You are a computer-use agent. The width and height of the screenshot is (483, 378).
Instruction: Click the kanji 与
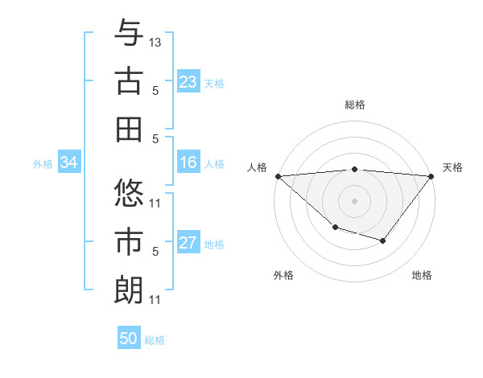[x=129, y=34]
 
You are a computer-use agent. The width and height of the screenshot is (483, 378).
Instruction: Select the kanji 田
[x=129, y=129]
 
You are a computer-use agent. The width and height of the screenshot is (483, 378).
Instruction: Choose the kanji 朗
[x=129, y=290]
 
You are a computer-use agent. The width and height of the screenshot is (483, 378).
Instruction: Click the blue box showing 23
[x=188, y=82]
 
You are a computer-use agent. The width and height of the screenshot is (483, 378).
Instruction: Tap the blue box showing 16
[x=188, y=163]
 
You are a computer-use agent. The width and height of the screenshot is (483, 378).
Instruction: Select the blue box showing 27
[x=188, y=244]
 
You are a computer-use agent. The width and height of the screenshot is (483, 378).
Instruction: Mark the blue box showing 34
[x=68, y=163]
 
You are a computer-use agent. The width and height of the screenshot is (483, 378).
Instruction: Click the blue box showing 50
[x=129, y=339]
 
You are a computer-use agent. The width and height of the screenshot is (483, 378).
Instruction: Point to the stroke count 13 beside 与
[x=155, y=41]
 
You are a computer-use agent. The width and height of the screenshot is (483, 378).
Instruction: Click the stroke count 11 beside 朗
[x=155, y=300]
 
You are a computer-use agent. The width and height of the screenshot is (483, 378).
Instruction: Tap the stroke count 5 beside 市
[x=155, y=251]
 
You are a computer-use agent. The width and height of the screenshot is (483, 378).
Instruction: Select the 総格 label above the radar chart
[x=354, y=105]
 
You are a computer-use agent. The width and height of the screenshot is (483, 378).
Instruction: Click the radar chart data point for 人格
[x=278, y=175]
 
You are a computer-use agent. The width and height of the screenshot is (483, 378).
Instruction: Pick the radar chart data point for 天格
[x=431, y=175]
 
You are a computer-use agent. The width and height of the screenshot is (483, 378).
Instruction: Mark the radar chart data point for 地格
[x=383, y=240]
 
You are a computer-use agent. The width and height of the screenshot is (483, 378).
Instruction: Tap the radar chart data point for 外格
[x=335, y=228]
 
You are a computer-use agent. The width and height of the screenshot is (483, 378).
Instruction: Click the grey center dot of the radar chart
[x=354, y=200]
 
